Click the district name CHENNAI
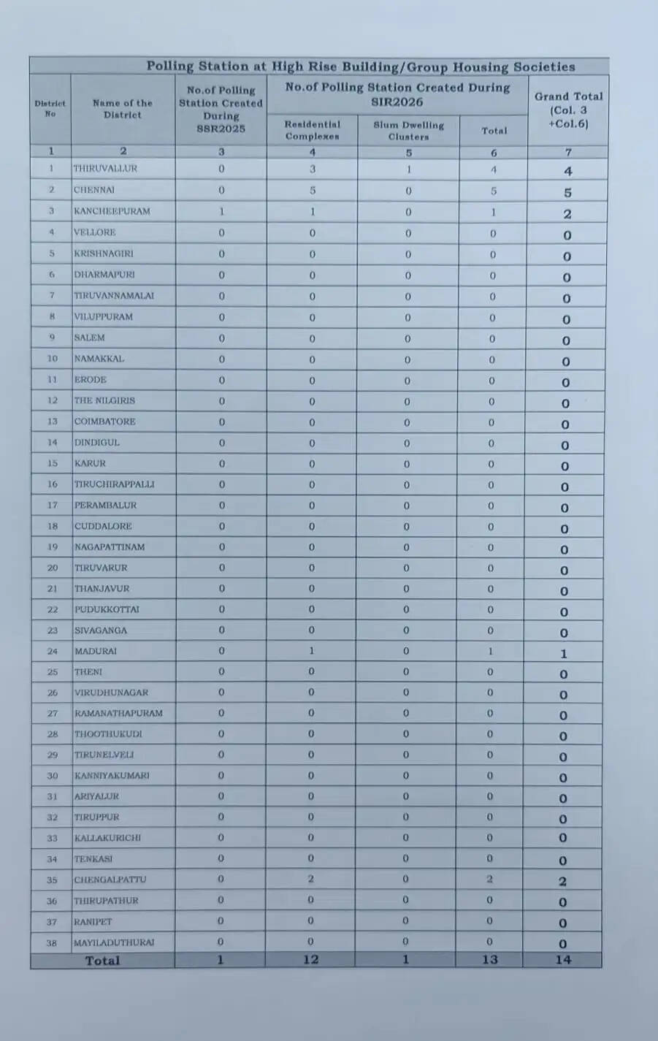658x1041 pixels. point(94,190)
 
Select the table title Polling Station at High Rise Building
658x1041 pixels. point(361,66)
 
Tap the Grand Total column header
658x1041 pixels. point(568,110)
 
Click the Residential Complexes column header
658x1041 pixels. point(313,130)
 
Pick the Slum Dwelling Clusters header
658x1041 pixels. point(408,131)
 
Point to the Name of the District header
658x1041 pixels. point(123,109)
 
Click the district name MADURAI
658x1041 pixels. point(96,651)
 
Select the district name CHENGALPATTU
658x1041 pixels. point(110,880)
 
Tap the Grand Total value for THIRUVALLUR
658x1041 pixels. point(567,172)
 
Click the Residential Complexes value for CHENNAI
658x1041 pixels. point(313,190)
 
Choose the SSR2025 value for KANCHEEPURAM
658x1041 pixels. point(221,211)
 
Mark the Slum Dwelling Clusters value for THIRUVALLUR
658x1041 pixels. point(409,169)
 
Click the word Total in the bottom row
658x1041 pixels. point(102,961)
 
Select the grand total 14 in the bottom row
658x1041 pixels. point(562,960)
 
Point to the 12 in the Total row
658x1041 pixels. point(311,960)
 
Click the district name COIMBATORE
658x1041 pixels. point(104,422)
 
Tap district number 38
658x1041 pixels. point(52,942)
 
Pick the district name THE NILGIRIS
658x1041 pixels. point(104,400)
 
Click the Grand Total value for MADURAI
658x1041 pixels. point(564,654)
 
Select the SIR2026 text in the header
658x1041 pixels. point(397,102)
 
